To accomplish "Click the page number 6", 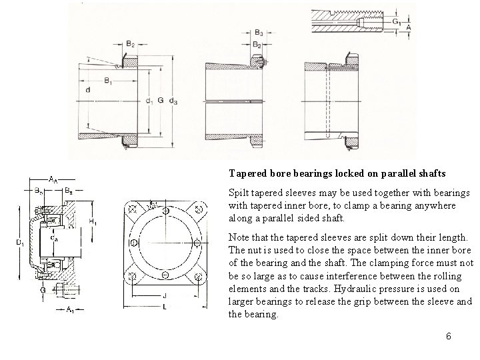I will [449, 337].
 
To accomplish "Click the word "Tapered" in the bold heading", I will [249, 173].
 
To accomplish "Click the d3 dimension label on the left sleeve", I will [174, 101].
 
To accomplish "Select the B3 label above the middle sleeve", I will [259, 32].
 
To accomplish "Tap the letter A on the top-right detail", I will [408, 28].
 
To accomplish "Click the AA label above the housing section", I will [53, 179].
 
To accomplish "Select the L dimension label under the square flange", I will [164, 307].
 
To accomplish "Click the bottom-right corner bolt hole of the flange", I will [198, 276].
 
